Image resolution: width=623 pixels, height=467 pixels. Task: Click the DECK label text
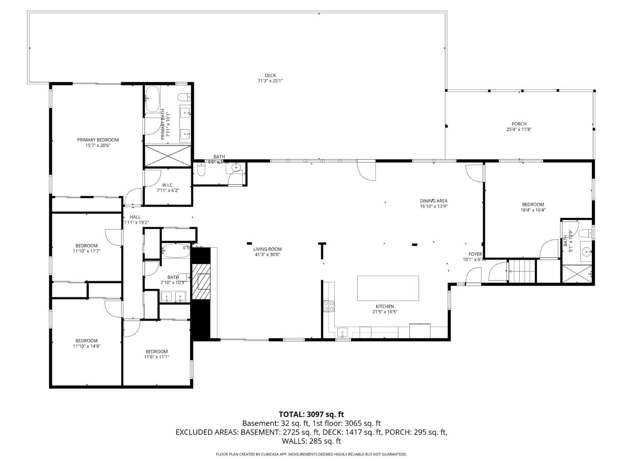tap(270, 76)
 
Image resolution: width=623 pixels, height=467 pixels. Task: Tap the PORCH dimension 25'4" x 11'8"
tap(519, 130)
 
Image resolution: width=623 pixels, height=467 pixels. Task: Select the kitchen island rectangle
tap(388, 288)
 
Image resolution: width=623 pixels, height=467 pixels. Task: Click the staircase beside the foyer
tap(522, 271)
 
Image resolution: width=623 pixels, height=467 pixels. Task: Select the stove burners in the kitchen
tap(329, 306)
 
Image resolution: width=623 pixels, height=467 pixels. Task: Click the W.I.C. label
tap(167, 185)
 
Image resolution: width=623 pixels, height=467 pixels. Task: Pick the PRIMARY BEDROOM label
tap(98, 140)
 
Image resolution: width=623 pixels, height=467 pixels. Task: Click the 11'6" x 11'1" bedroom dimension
tap(157, 357)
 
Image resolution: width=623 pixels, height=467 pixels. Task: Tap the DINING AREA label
tap(433, 201)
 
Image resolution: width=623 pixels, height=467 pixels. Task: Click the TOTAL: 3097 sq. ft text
tap(311, 414)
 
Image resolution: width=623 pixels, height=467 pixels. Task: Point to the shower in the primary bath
tap(168, 156)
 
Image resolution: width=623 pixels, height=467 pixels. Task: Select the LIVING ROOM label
tap(267, 249)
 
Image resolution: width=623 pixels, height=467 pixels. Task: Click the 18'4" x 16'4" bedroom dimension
tap(533, 210)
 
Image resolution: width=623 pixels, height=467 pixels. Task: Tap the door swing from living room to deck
tap(367, 171)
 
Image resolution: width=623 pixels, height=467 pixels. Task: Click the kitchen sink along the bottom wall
tap(343, 332)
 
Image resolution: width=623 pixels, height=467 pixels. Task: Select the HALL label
tap(135, 217)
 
